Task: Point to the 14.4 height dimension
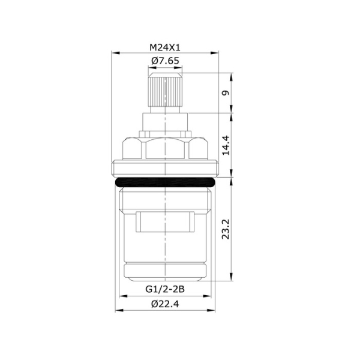pos(224,145)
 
